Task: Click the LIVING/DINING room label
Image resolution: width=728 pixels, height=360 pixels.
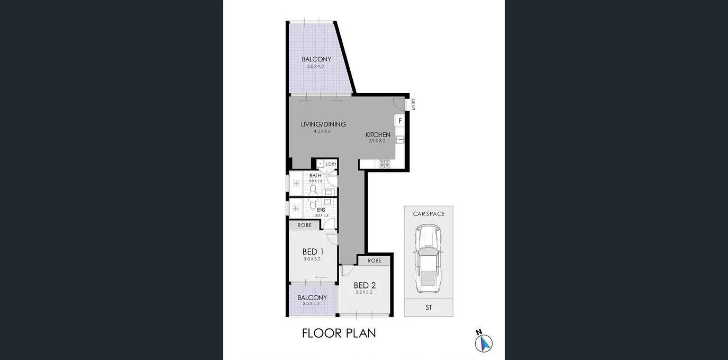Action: [323, 124]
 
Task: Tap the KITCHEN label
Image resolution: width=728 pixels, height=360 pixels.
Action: [378, 135]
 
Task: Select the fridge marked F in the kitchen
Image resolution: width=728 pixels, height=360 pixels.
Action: [400, 121]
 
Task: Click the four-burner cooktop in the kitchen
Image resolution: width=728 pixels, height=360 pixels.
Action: [385, 164]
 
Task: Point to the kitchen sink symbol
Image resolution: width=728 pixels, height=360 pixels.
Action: [400, 140]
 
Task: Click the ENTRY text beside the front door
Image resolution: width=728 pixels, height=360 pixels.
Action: [413, 104]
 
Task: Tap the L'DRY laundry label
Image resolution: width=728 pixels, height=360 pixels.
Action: [331, 164]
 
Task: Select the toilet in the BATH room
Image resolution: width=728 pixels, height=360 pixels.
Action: [313, 189]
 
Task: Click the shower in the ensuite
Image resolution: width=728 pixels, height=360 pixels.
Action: [296, 208]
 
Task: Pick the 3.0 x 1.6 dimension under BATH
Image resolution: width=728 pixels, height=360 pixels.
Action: [315, 181]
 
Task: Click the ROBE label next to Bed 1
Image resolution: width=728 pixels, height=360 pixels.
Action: [304, 225]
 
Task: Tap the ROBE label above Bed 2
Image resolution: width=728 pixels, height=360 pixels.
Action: [375, 260]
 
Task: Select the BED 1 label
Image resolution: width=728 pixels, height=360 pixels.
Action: [313, 251]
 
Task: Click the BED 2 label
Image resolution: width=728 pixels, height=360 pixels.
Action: [365, 285]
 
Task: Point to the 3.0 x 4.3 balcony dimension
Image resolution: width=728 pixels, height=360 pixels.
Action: [315, 66]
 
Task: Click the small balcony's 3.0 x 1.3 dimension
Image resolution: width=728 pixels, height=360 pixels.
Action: [312, 303]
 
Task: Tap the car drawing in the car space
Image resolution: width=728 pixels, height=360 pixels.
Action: [429, 258]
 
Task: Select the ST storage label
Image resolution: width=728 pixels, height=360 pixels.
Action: [429, 308]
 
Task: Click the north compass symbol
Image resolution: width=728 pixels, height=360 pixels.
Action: [483, 341]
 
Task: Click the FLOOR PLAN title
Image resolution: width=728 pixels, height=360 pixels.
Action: [339, 333]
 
